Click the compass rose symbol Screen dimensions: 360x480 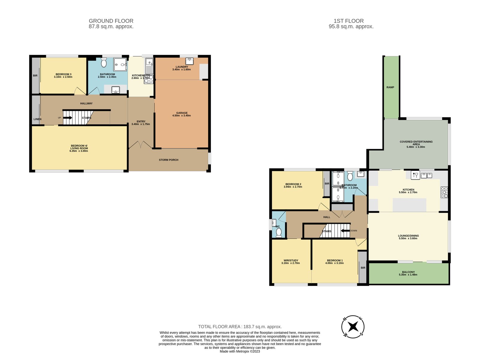(353, 327)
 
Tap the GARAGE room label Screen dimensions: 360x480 (182, 113)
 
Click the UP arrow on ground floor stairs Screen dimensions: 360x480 (67, 118)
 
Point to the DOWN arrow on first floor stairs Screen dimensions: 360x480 (346, 231)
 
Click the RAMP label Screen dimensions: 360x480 (390, 87)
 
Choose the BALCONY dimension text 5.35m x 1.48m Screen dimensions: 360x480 (408, 275)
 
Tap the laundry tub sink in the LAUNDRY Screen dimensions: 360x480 (189, 61)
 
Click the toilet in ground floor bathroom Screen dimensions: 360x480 (104, 63)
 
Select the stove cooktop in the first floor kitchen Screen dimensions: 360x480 (444, 192)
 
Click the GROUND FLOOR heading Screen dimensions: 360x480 (111, 21)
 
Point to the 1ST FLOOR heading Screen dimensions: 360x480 (349, 21)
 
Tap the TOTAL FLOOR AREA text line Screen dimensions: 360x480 (240, 327)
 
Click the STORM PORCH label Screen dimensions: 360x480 (169, 160)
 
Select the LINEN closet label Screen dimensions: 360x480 (37, 119)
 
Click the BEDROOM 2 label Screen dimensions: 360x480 (293, 184)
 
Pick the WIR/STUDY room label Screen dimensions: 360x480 (291, 260)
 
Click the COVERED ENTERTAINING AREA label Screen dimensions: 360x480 (416, 143)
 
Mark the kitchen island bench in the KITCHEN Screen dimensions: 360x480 (409, 205)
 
